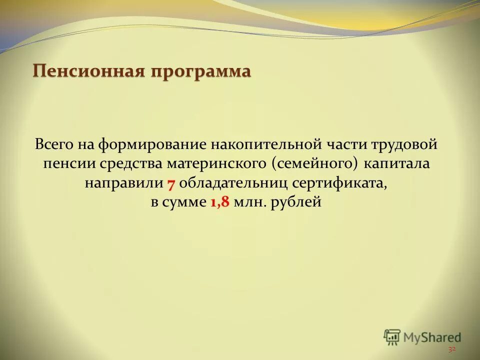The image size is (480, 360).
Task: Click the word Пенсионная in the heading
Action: click(86, 71)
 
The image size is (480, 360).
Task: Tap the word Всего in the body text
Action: click(54, 145)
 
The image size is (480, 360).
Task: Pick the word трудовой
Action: click(404, 145)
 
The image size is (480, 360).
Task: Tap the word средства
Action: click(132, 164)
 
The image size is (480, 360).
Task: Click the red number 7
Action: click(170, 183)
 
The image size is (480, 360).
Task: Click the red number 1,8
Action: click(220, 202)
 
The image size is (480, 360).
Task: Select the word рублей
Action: click(294, 202)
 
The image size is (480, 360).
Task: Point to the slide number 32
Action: click(452, 349)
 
